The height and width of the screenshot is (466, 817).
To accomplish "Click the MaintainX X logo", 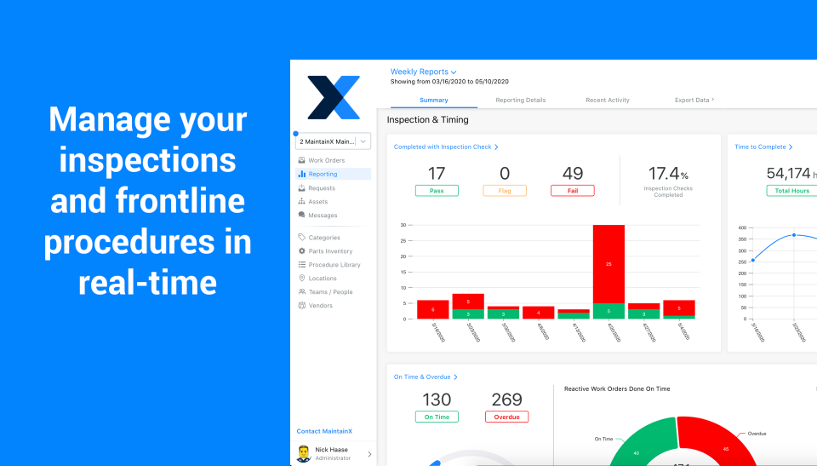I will tap(333, 97).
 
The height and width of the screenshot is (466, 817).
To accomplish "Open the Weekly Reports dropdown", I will tap(423, 72).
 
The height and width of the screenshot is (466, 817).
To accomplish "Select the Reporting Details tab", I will tap(520, 101).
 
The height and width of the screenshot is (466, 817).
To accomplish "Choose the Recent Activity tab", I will tap(607, 101).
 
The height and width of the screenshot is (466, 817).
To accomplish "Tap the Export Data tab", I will tap(694, 101).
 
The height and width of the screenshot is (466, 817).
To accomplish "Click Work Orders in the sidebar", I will tap(326, 160).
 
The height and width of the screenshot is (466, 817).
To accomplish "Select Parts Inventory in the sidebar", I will tap(330, 251).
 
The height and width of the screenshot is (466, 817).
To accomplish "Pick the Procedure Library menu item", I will tap(334, 265).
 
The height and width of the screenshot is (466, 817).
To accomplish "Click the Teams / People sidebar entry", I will tap(330, 292).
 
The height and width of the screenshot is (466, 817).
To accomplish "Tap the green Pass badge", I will tap(437, 191).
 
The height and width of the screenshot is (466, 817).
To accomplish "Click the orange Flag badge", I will tap(505, 191).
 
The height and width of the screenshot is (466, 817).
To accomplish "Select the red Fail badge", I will tap(573, 191).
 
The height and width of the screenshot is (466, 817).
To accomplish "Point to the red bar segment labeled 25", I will tap(608, 264).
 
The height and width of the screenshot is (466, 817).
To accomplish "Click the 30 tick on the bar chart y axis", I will tap(403, 226).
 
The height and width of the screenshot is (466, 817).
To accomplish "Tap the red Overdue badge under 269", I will tap(506, 417).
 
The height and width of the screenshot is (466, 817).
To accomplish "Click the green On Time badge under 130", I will tap(437, 417).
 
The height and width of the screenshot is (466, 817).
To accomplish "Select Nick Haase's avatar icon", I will tap(304, 453).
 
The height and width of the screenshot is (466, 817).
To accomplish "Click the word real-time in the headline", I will tap(147, 281).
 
